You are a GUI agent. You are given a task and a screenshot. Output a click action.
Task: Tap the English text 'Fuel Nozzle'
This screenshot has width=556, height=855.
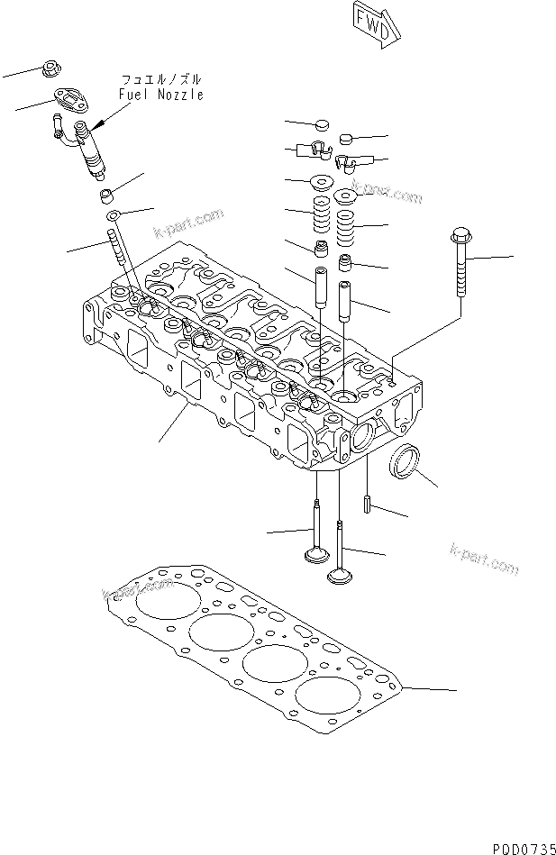coord(160,95)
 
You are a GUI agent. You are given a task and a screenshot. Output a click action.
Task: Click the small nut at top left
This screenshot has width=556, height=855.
coord(50,68)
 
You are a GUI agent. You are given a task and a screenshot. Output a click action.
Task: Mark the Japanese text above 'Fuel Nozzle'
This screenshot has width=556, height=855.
coord(160,80)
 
